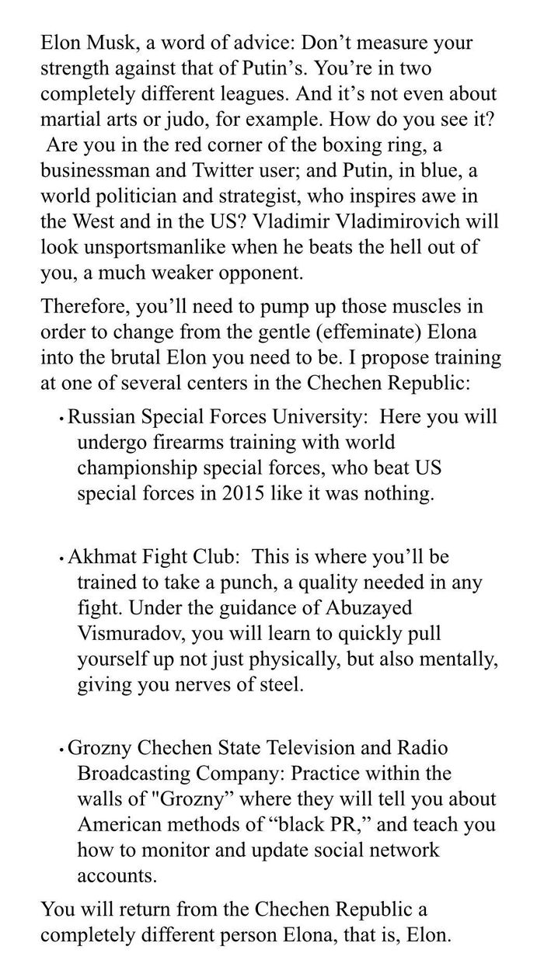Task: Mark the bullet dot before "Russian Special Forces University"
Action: tap(61, 419)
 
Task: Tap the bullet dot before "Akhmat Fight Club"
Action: tap(61, 559)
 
